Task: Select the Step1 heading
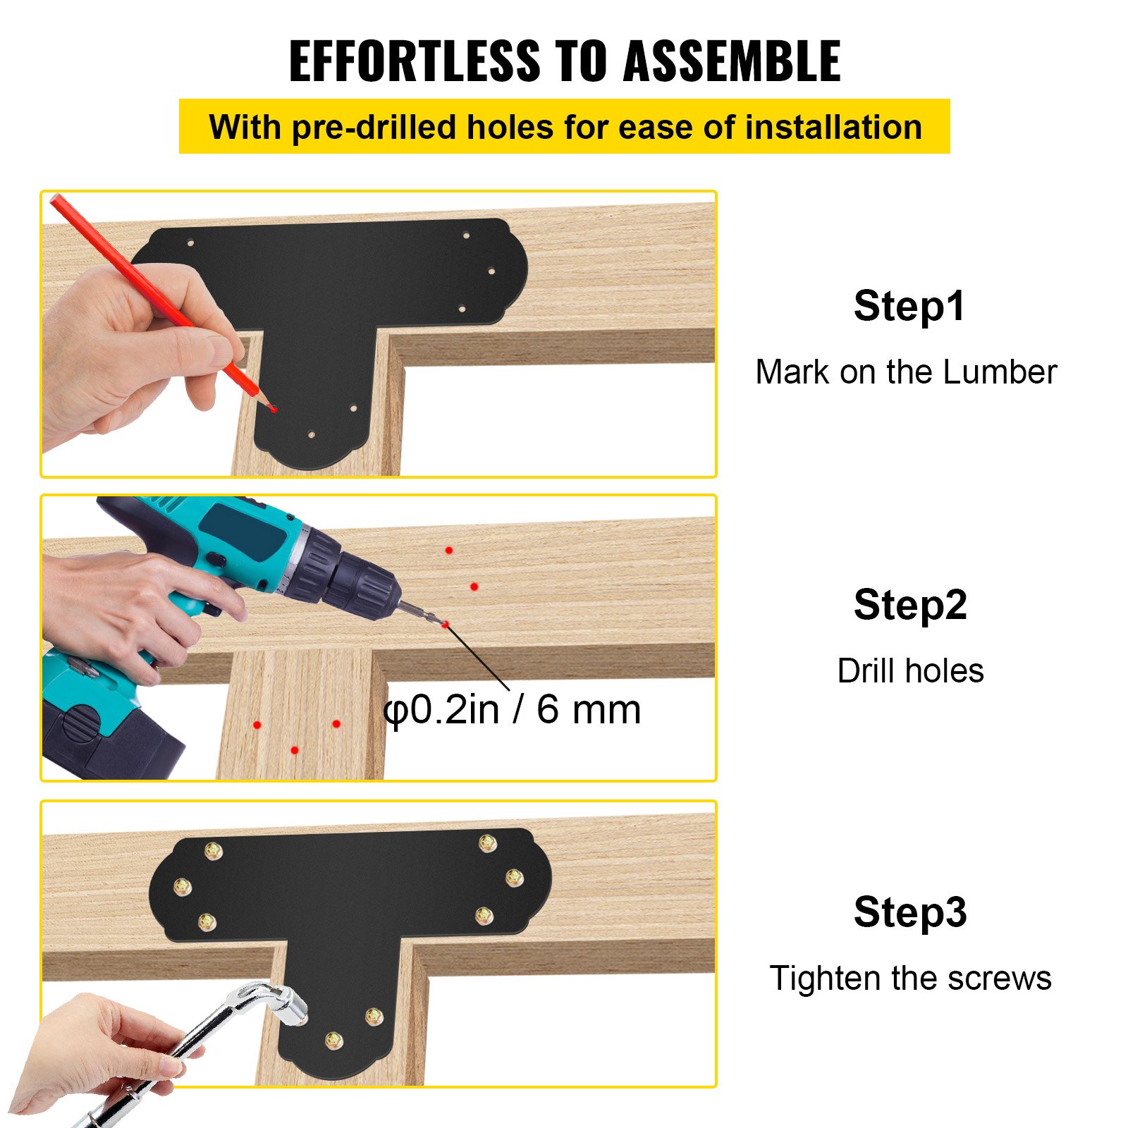pos(909,306)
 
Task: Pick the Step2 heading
pos(909,605)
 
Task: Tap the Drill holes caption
pos(910,670)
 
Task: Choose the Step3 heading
pos(909,912)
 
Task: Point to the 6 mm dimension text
pos(589,709)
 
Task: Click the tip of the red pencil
pos(273,408)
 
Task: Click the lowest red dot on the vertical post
pos(295,750)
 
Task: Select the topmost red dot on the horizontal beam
pos(449,550)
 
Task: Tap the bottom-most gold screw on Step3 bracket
pos(333,1040)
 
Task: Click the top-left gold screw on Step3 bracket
pos(214,852)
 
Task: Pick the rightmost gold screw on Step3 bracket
pos(514,878)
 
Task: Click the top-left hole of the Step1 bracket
pos(190,243)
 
